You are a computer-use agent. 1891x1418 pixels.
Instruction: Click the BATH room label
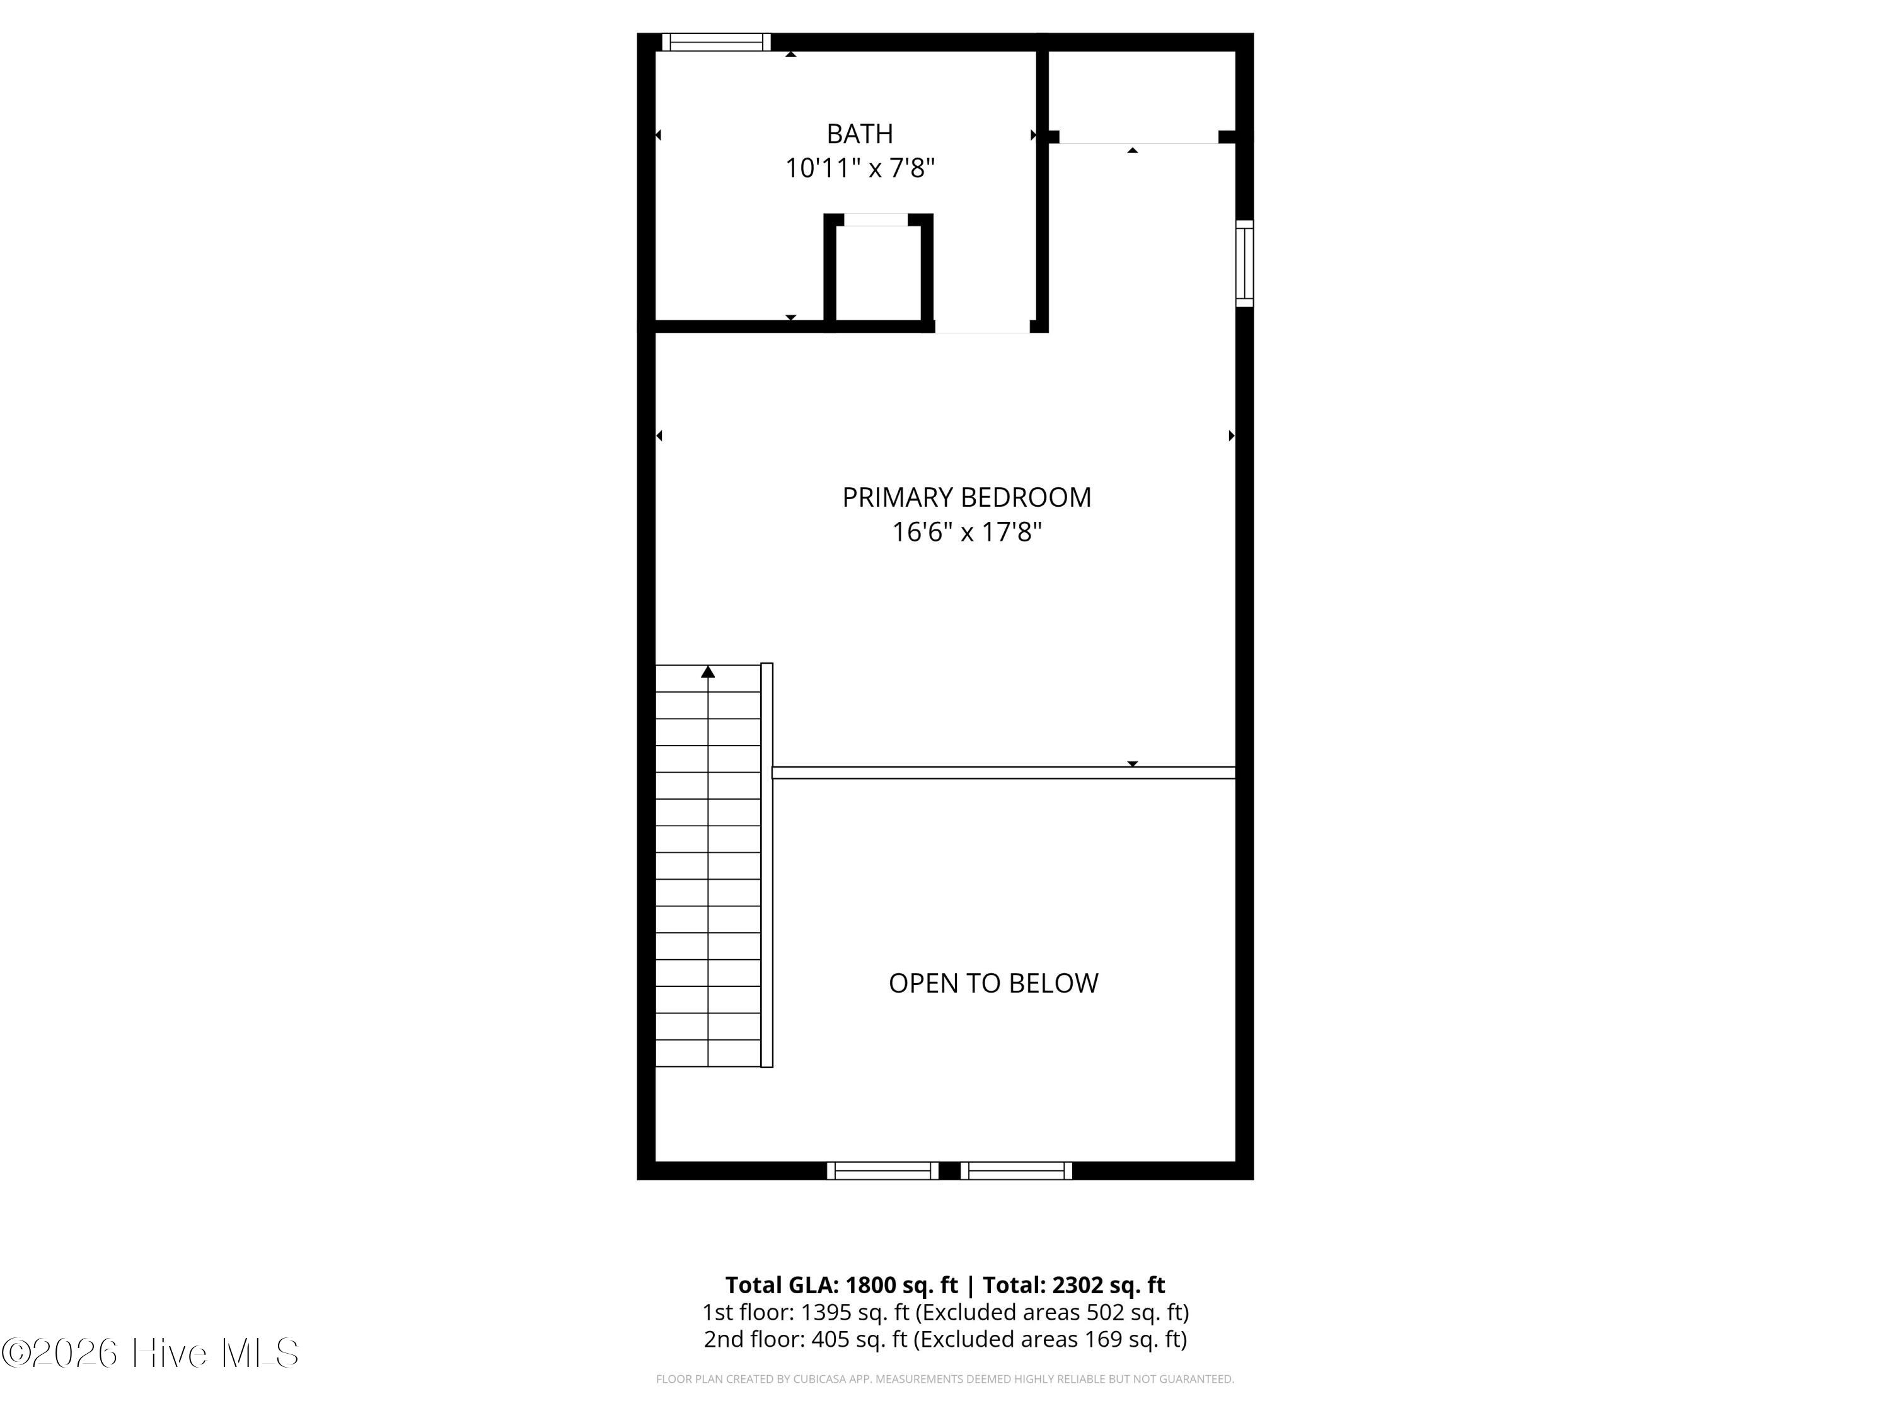coord(859,134)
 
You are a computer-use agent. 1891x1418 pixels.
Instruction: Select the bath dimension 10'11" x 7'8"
coord(860,168)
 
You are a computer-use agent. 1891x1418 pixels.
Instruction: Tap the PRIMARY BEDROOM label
coord(967,497)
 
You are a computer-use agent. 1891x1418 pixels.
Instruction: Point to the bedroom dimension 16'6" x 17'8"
coord(967,533)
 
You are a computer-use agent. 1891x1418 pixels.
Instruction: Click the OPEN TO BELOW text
coord(993,983)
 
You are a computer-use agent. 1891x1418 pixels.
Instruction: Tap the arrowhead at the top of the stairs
coord(708,672)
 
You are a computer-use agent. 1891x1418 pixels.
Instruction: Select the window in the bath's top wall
coord(717,42)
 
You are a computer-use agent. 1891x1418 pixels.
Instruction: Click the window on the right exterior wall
coord(1245,263)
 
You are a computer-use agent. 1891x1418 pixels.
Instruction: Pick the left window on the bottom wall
coord(883,1171)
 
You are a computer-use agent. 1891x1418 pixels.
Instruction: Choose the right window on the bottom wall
coord(1017,1171)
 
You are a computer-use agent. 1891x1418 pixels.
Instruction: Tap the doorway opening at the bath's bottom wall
coord(982,327)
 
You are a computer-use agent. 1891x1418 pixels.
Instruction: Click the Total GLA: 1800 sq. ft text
coord(841,1284)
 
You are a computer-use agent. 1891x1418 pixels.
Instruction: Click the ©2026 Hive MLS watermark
coord(151,1353)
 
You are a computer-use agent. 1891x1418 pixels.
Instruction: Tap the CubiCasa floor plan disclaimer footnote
coord(945,1379)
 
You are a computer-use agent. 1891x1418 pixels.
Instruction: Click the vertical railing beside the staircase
coord(767,865)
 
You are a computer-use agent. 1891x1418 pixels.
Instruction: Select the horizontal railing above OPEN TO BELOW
coord(1003,773)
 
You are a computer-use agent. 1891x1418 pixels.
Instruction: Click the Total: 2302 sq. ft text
coord(1073,1284)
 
